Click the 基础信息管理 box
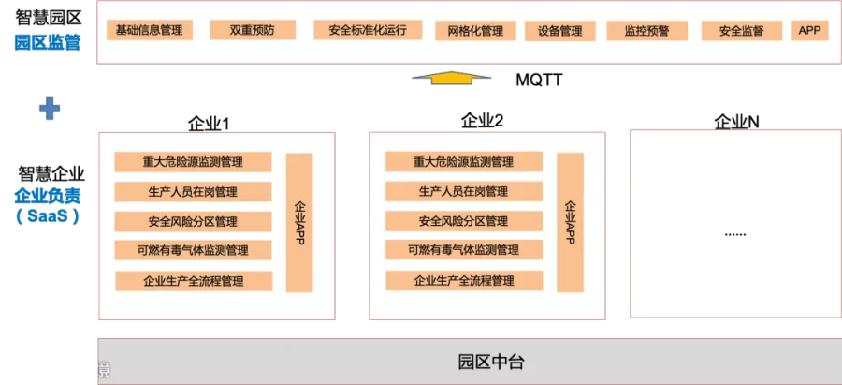pos(149,30)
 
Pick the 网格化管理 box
pos(475,30)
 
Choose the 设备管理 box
pos(559,30)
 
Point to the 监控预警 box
pos(646,30)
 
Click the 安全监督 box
pos(741,30)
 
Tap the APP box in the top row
pos(809,30)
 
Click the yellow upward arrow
pos(452,79)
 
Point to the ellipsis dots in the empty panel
pos(735,233)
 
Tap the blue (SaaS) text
pos(48,216)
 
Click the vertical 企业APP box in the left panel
pos(299,222)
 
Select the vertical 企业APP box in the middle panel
pos(570,222)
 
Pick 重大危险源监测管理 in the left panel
pos(193,161)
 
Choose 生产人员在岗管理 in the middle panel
pos(463,191)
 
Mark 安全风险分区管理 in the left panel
pos(193,221)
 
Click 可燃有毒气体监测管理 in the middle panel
pos(463,250)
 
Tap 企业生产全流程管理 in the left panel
pos(194,280)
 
